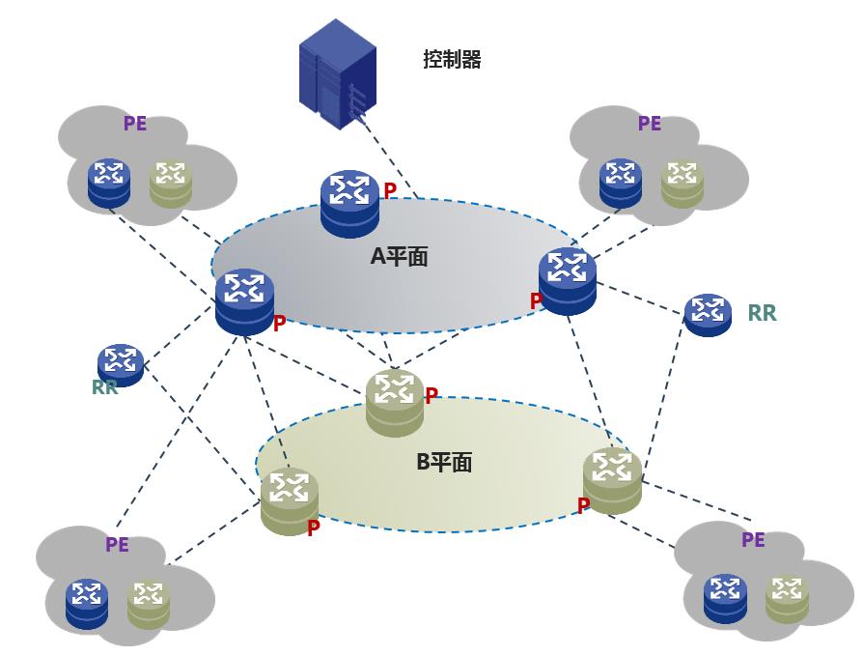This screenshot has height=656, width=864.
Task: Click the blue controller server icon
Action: click(x=337, y=74)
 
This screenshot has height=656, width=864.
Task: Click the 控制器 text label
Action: click(x=452, y=60)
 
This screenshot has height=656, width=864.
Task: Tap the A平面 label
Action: click(x=399, y=256)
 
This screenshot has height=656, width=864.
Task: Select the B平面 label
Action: click(x=444, y=462)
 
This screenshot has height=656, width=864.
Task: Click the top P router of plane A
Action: click(x=349, y=202)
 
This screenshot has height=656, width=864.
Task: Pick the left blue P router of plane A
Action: click(x=245, y=300)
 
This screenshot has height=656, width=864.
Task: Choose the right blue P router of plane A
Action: click(x=568, y=279)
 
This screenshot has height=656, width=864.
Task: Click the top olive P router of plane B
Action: click(x=395, y=401)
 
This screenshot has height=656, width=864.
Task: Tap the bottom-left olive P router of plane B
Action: click(x=290, y=499)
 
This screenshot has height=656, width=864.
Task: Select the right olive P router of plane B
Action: click(x=612, y=480)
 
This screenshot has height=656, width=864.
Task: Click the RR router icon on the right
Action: click(x=708, y=313)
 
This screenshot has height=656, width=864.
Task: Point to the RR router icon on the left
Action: click(x=121, y=364)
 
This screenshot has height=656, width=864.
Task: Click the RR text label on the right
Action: click(x=762, y=313)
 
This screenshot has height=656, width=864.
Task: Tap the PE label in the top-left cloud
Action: click(x=135, y=124)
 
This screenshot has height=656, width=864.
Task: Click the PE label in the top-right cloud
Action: click(x=650, y=124)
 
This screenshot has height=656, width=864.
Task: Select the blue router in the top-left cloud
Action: click(x=109, y=183)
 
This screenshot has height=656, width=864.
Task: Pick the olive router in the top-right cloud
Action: click(x=683, y=183)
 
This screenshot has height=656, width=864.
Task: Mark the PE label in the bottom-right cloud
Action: click(x=753, y=540)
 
